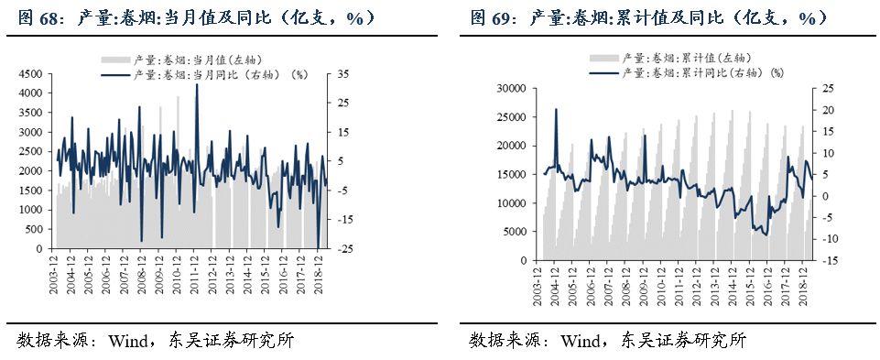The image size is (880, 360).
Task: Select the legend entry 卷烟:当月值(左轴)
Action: tap(190, 58)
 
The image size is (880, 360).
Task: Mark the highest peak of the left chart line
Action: tap(198, 85)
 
